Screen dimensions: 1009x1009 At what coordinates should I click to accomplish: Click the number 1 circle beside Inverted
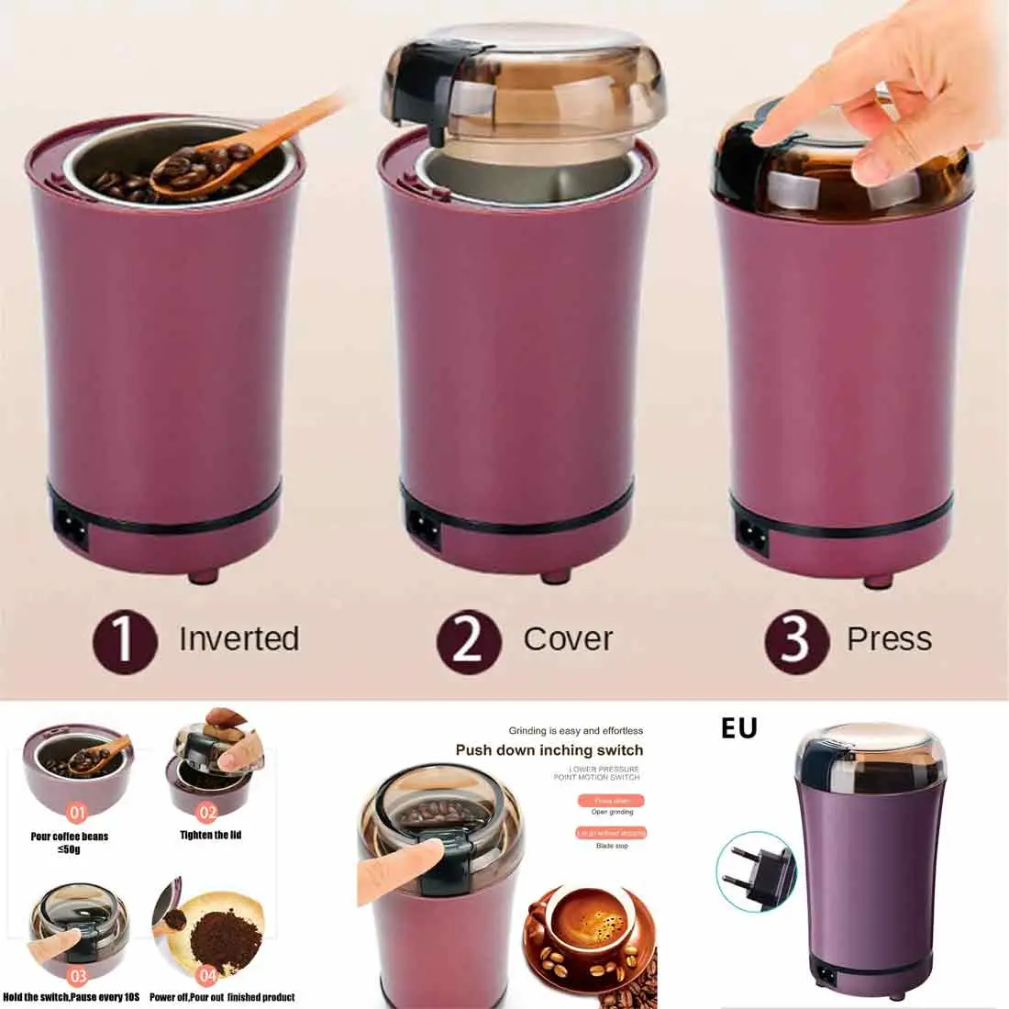pyautogui.click(x=123, y=638)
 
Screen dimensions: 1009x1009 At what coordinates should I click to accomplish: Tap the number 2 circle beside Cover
pyautogui.click(x=468, y=638)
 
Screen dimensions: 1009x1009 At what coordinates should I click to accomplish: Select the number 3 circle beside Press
pyautogui.click(x=794, y=638)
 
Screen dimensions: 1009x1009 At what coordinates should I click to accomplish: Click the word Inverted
pyautogui.click(x=238, y=638)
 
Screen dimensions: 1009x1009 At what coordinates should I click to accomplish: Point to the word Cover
pyautogui.click(x=568, y=638)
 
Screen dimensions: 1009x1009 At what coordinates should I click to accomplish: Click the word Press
pyautogui.click(x=889, y=638)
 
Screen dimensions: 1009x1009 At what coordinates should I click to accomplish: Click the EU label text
pyautogui.click(x=738, y=728)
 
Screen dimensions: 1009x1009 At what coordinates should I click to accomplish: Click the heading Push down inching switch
pyautogui.click(x=549, y=750)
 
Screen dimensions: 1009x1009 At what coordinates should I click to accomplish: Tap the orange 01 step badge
pyautogui.click(x=77, y=812)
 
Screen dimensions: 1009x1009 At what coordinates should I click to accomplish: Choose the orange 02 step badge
pyautogui.click(x=207, y=812)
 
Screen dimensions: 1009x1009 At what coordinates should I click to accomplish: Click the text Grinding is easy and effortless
pyautogui.click(x=575, y=731)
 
